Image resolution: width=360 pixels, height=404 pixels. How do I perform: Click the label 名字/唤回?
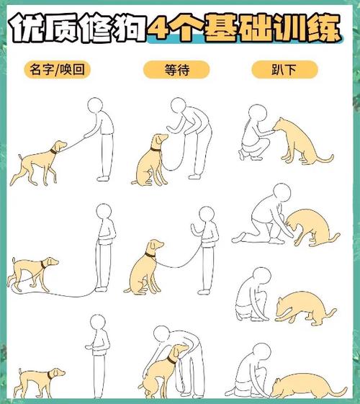(x=58, y=69)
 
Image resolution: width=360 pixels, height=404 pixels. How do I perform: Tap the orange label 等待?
(x=176, y=69)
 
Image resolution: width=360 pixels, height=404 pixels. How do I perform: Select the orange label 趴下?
(x=284, y=69)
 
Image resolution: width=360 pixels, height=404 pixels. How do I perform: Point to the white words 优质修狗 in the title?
(x=76, y=27)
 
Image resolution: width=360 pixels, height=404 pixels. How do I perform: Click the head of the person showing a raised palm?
(x=207, y=214)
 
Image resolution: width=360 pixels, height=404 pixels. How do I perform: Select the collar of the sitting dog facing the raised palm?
(x=150, y=254)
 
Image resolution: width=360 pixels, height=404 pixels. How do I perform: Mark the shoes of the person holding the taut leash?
(x=104, y=177)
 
